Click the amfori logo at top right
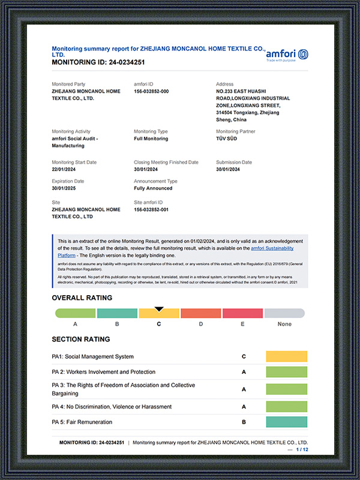tap(287, 55)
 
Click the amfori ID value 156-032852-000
tap(151, 91)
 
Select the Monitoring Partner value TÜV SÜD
tap(228, 139)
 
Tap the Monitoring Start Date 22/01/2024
tap(65, 169)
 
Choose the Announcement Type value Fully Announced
tap(153, 188)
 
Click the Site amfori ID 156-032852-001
tap(151, 209)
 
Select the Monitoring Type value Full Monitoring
tap(151, 139)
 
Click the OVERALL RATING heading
tap(82, 298)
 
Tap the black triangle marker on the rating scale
tap(159, 310)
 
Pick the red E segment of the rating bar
tap(242, 313)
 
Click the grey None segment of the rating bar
tap(284, 313)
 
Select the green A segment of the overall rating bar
tap(76, 313)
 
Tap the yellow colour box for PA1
tap(286, 356)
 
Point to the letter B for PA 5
tap(244, 422)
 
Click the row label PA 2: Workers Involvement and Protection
tap(104, 372)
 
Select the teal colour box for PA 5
tap(286, 422)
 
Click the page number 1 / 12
tap(302, 449)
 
